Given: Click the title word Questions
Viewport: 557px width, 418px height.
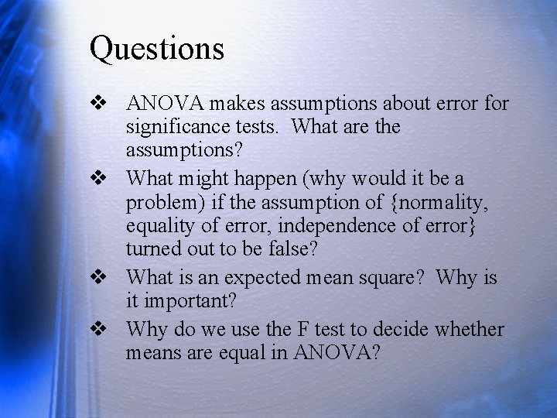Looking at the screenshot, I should tap(157, 48).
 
